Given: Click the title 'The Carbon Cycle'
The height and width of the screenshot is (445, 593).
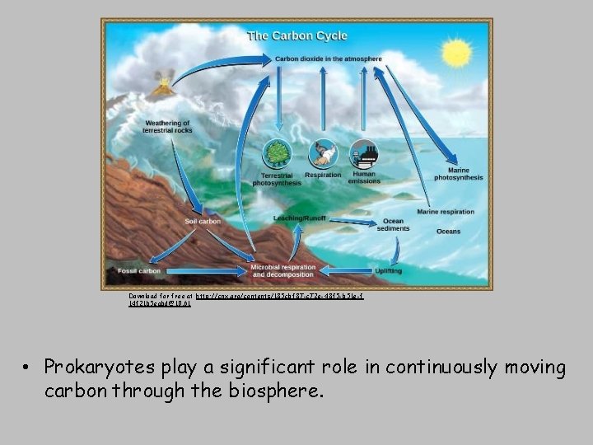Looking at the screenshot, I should pyautogui.click(x=297, y=35).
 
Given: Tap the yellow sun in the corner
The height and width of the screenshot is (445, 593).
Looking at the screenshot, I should pyautogui.click(x=455, y=54).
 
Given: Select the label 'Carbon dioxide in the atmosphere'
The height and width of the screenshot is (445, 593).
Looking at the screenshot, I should pyautogui.click(x=328, y=59).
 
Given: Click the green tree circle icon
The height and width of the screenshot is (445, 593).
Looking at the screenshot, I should pyautogui.click(x=276, y=154).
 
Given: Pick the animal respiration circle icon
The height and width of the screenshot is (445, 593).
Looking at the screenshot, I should pyautogui.click(x=322, y=154).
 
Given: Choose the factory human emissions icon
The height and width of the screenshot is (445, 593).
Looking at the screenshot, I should pyautogui.click(x=363, y=153).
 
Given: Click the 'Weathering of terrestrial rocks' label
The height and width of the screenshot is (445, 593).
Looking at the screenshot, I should pyautogui.click(x=167, y=127).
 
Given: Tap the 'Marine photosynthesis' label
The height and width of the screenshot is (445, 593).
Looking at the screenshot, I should pyautogui.click(x=458, y=174).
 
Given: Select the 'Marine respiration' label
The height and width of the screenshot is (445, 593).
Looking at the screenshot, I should pyautogui.click(x=445, y=212).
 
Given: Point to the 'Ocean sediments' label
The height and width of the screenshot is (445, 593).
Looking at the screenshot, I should pyautogui.click(x=393, y=224).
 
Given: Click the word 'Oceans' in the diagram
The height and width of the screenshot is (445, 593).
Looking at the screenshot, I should pyautogui.click(x=448, y=232).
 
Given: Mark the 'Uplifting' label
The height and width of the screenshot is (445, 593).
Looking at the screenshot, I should pyautogui.click(x=389, y=269).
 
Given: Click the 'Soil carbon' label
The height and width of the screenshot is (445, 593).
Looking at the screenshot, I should pyautogui.click(x=203, y=221).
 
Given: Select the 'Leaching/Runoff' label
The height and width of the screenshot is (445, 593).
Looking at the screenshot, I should pyautogui.click(x=299, y=218).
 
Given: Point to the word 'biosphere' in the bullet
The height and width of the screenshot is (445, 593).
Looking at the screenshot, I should pyautogui.click(x=278, y=391).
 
